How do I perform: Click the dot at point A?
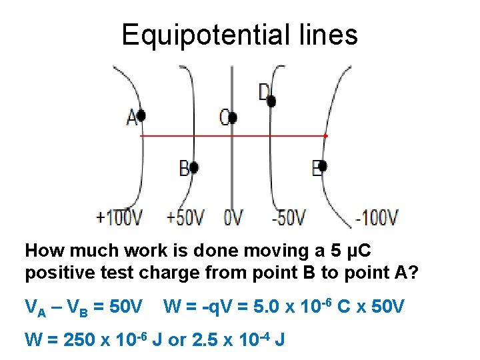click(141, 116)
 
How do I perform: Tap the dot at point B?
click(194, 167)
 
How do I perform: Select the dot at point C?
click(233, 118)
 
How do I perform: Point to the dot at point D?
click(271, 101)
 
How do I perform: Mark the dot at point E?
click(322, 166)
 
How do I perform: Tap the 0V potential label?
click(233, 218)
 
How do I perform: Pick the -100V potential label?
click(377, 218)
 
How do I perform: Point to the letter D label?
click(264, 92)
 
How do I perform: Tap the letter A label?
click(132, 117)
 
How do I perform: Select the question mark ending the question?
click(412, 273)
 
